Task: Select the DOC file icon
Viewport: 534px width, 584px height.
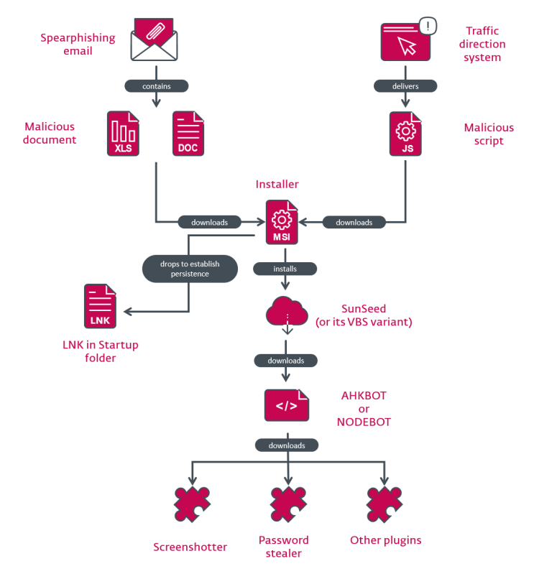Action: pos(190,134)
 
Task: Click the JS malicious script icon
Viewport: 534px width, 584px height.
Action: pos(406,134)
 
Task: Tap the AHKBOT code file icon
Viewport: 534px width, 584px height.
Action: pos(287,405)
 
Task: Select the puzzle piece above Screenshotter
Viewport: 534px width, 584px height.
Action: pos(192,504)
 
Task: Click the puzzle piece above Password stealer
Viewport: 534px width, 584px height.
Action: pos(288,504)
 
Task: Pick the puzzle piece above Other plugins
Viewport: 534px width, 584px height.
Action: pos(385,504)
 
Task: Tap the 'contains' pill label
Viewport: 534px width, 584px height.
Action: pos(157,86)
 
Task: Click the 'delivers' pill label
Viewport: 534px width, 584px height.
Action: pos(406,86)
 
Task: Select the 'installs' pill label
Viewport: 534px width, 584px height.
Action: pos(285,269)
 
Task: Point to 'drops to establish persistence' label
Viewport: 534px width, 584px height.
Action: pos(190,269)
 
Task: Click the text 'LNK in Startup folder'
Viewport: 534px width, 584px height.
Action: pos(100,351)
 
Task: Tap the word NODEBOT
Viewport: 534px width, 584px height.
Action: pos(364,422)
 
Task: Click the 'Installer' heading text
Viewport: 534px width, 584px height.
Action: pos(277,185)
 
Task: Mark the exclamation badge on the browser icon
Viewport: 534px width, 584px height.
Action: pos(428,27)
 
